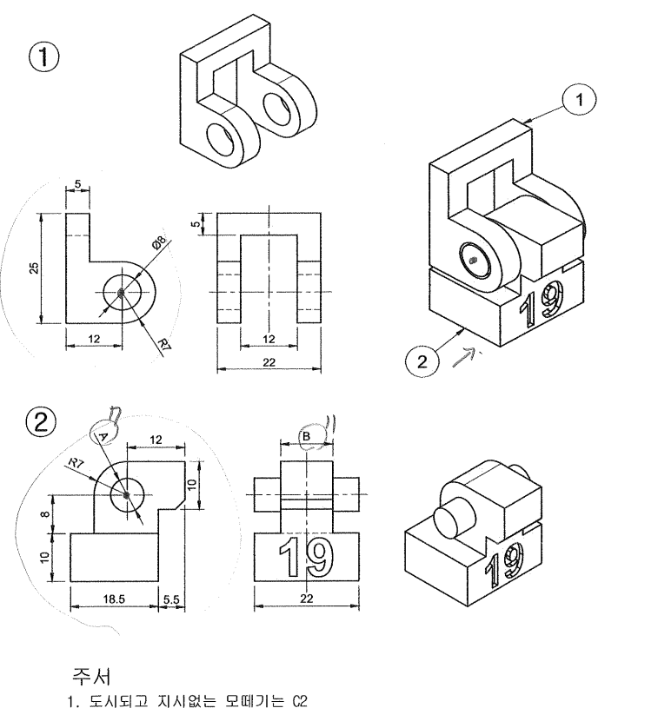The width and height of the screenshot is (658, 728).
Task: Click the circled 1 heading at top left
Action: click(44, 57)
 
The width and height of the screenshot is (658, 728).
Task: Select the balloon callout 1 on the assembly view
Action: click(579, 99)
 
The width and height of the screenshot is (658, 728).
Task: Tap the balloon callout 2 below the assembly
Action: click(422, 361)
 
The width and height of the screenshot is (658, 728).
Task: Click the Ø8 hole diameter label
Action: click(159, 242)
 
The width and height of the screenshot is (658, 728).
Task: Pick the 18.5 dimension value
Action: click(114, 599)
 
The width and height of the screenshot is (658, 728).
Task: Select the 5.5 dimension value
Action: click(171, 599)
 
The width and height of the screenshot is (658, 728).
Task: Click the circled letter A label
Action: click(103, 435)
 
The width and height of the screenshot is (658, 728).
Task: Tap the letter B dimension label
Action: click(306, 436)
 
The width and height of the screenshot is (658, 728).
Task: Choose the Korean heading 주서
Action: click(91, 676)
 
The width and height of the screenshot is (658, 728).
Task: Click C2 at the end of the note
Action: click(300, 702)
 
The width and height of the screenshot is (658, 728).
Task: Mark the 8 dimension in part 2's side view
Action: click(45, 514)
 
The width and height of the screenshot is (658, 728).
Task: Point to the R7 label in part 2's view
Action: click(76, 463)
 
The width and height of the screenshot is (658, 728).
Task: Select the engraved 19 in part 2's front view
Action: click(306, 556)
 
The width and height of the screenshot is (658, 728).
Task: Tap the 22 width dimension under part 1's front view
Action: click(269, 362)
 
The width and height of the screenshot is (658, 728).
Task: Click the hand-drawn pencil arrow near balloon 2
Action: click(465, 357)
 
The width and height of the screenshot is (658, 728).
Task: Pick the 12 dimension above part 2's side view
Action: click(156, 440)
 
